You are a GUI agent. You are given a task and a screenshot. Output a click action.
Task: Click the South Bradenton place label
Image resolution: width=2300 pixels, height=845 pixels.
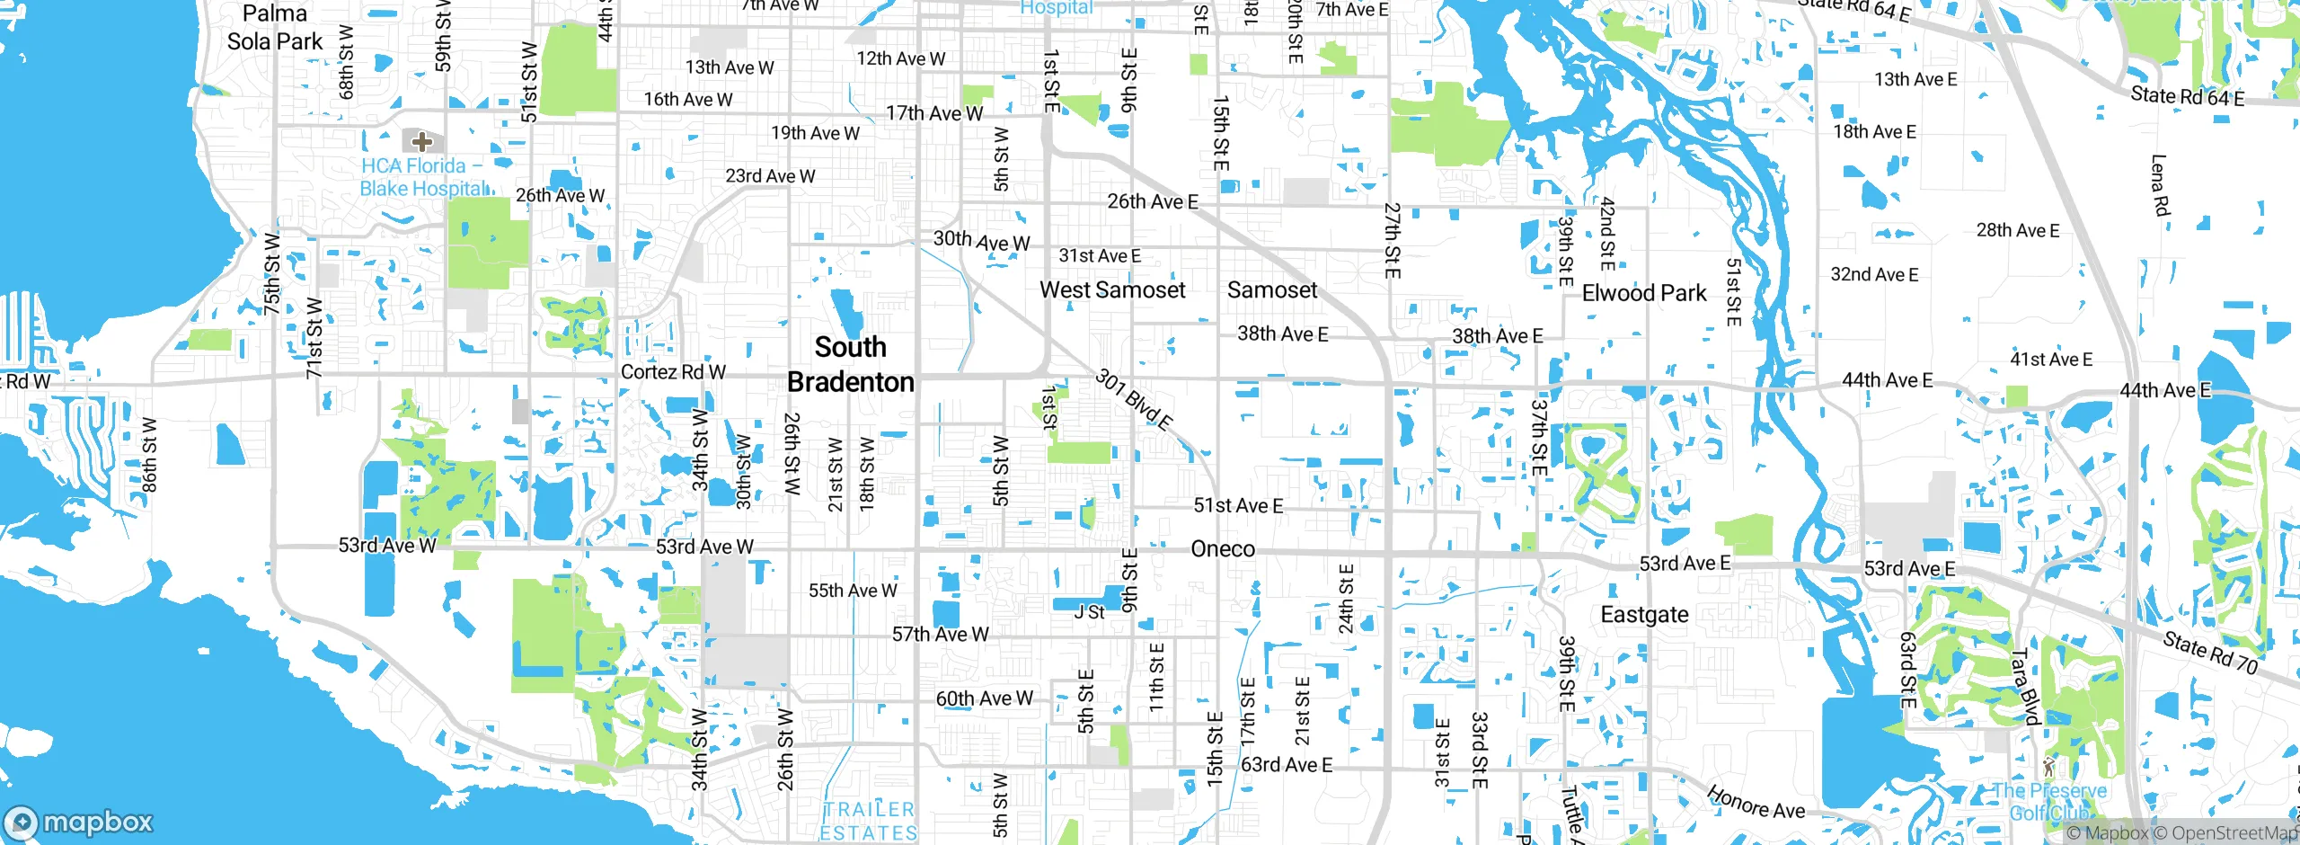[850, 364]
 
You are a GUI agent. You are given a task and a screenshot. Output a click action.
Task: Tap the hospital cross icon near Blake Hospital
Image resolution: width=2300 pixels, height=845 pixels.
[422, 141]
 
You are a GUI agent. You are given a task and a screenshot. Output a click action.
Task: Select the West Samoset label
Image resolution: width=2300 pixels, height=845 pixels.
[1112, 289]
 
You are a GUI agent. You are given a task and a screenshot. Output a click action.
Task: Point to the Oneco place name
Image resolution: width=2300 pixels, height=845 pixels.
[1222, 548]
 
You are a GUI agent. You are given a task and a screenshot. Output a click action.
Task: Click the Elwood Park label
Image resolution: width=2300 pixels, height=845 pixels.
[1643, 293]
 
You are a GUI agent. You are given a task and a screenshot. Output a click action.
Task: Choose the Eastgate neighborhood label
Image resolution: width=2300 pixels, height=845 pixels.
[1644, 615]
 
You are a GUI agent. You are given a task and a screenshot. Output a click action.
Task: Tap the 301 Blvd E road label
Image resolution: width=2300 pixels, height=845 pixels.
[1134, 399]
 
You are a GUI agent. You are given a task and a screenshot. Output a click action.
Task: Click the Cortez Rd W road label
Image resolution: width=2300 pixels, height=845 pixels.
[673, 372]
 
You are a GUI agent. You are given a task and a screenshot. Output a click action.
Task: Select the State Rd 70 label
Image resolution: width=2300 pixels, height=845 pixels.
[2209, 653]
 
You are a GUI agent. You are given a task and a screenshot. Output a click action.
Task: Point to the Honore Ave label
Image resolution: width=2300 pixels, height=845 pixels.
[1756, 802]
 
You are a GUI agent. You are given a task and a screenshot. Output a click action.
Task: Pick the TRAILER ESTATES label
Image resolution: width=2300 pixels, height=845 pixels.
[868, 822]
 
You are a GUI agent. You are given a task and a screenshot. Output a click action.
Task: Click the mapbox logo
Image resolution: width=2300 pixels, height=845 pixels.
[79, 822]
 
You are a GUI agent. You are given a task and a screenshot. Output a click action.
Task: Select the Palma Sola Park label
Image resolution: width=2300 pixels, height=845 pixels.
[274, 27]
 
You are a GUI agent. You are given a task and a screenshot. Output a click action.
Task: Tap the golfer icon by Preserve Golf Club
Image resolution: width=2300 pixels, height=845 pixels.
[2048, 767]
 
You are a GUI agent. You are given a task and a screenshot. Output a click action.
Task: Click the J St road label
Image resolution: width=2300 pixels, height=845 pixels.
[1089, 612]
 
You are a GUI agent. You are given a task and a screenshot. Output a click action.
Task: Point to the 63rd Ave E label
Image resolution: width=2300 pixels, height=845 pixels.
[1286, 765]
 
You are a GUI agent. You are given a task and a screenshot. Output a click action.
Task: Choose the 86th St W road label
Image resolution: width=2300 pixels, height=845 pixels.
[149, 455]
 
